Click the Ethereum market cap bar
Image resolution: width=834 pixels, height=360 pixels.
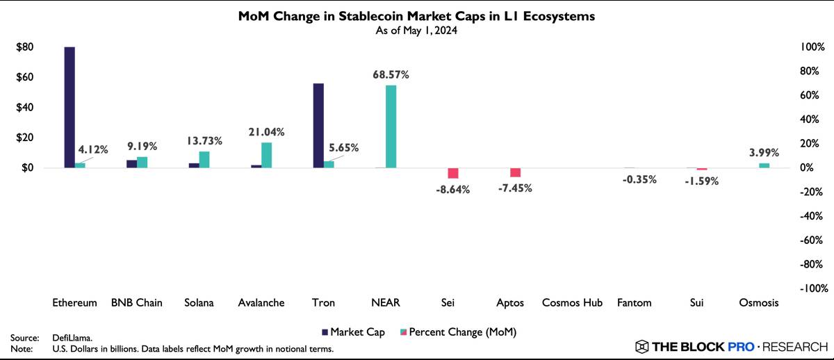pyautogui.click(x=69, y=107)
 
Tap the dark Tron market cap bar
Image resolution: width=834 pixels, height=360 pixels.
pyautogui.click(x=318, y=125)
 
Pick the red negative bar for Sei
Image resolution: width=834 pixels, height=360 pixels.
pyautogui.click(x=453, y=173)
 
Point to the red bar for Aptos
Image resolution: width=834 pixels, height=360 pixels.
pyautogui.click(x=515, y=172)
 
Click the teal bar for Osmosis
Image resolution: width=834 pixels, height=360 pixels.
pyautogui.click(x=764, y=165)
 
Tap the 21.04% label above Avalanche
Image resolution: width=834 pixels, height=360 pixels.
pyautogui.click(x=266, y=131)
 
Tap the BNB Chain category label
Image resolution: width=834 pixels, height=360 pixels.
pyautogui.click(x=136, y=303)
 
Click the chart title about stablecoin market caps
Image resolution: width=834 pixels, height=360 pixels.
pyautogui.click(x=417, y=17)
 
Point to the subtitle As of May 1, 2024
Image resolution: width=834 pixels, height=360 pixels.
pyautogui.click(x=417, y=31)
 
